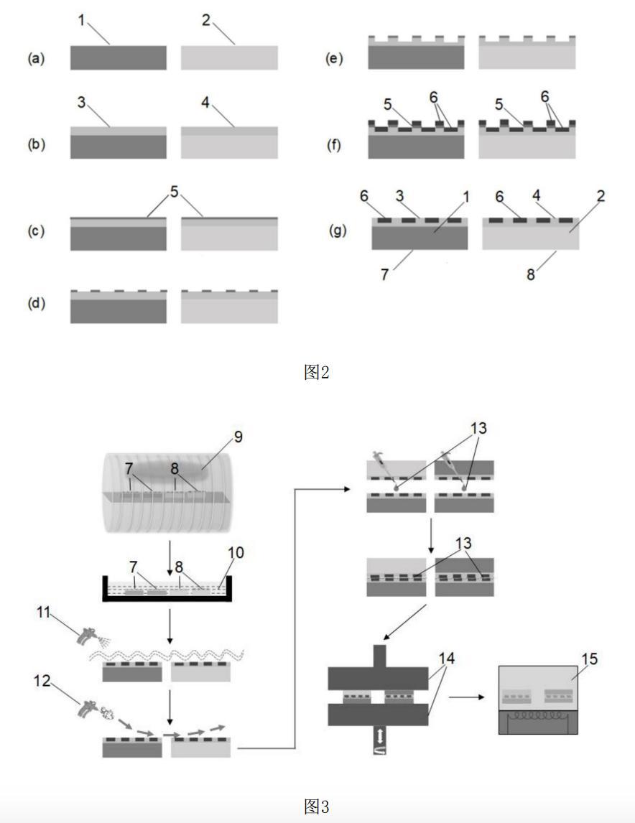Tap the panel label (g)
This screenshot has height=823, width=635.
click(338, 232)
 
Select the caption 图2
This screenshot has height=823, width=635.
click(316, 372)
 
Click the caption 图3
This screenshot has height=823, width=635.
click(316, 806)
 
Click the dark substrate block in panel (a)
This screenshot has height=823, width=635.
click(118, 57)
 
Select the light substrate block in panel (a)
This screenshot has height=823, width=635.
click(229, 57)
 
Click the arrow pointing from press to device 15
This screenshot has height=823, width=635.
click(466, 695)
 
